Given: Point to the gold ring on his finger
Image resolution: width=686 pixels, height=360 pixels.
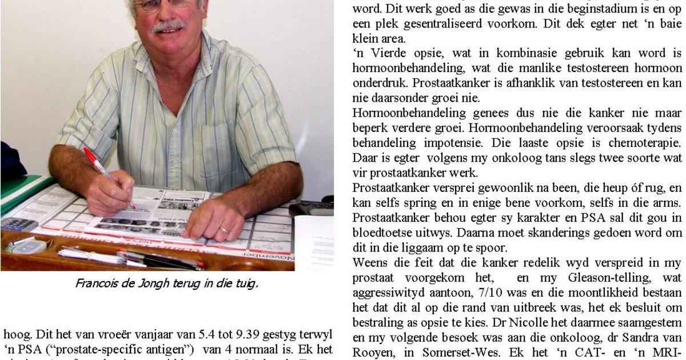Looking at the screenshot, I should tap(225, 229).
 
